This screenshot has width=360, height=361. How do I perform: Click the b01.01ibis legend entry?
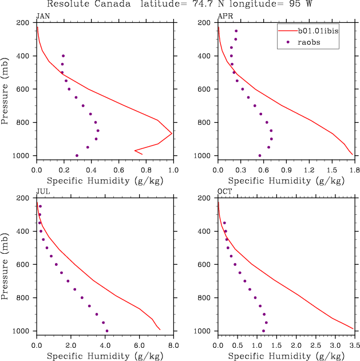tap(314, 31)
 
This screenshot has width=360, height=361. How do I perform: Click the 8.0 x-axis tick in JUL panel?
tap(173, 346)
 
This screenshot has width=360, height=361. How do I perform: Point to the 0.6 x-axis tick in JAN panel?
tap(118, 170)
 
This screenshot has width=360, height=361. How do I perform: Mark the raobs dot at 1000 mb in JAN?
tap(77, 155)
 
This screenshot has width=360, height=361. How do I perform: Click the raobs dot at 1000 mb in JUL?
tap(107, 331)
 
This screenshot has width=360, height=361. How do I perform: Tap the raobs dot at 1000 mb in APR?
tap(260, 155)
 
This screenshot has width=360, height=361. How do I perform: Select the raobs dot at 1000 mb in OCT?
tap(263, 331)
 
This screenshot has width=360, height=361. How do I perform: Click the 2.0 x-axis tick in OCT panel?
tap(296, 346)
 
